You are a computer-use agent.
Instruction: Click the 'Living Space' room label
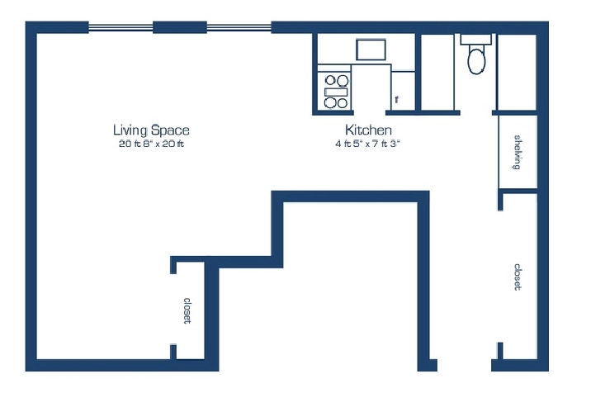[151, 130]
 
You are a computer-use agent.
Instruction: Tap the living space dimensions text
[151, 144]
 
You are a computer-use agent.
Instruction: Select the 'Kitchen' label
[368, 130]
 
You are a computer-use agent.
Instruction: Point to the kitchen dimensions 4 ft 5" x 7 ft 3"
[367, 144]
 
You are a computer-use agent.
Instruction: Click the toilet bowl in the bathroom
[476, 60]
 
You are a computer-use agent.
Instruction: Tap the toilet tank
[476, 39]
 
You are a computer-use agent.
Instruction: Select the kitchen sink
[371, 50]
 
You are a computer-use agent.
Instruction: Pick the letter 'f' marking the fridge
[396, 100]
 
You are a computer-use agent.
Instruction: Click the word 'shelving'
[518, 152]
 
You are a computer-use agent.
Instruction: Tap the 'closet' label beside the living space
[187, 310]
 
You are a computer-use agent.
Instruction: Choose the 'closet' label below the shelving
[518, 277]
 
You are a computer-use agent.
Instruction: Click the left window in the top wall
[121, 27]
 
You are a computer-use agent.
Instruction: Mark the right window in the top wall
[239, 27]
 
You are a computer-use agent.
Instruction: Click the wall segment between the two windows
[180, 27]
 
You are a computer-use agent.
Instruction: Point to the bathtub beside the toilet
[437, 72]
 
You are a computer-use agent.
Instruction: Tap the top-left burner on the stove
[330, 80]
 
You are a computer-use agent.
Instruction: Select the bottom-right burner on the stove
[343, 103]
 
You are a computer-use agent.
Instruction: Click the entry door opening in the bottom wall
[464, 366]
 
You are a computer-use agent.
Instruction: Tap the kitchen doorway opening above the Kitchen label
[370, 112]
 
